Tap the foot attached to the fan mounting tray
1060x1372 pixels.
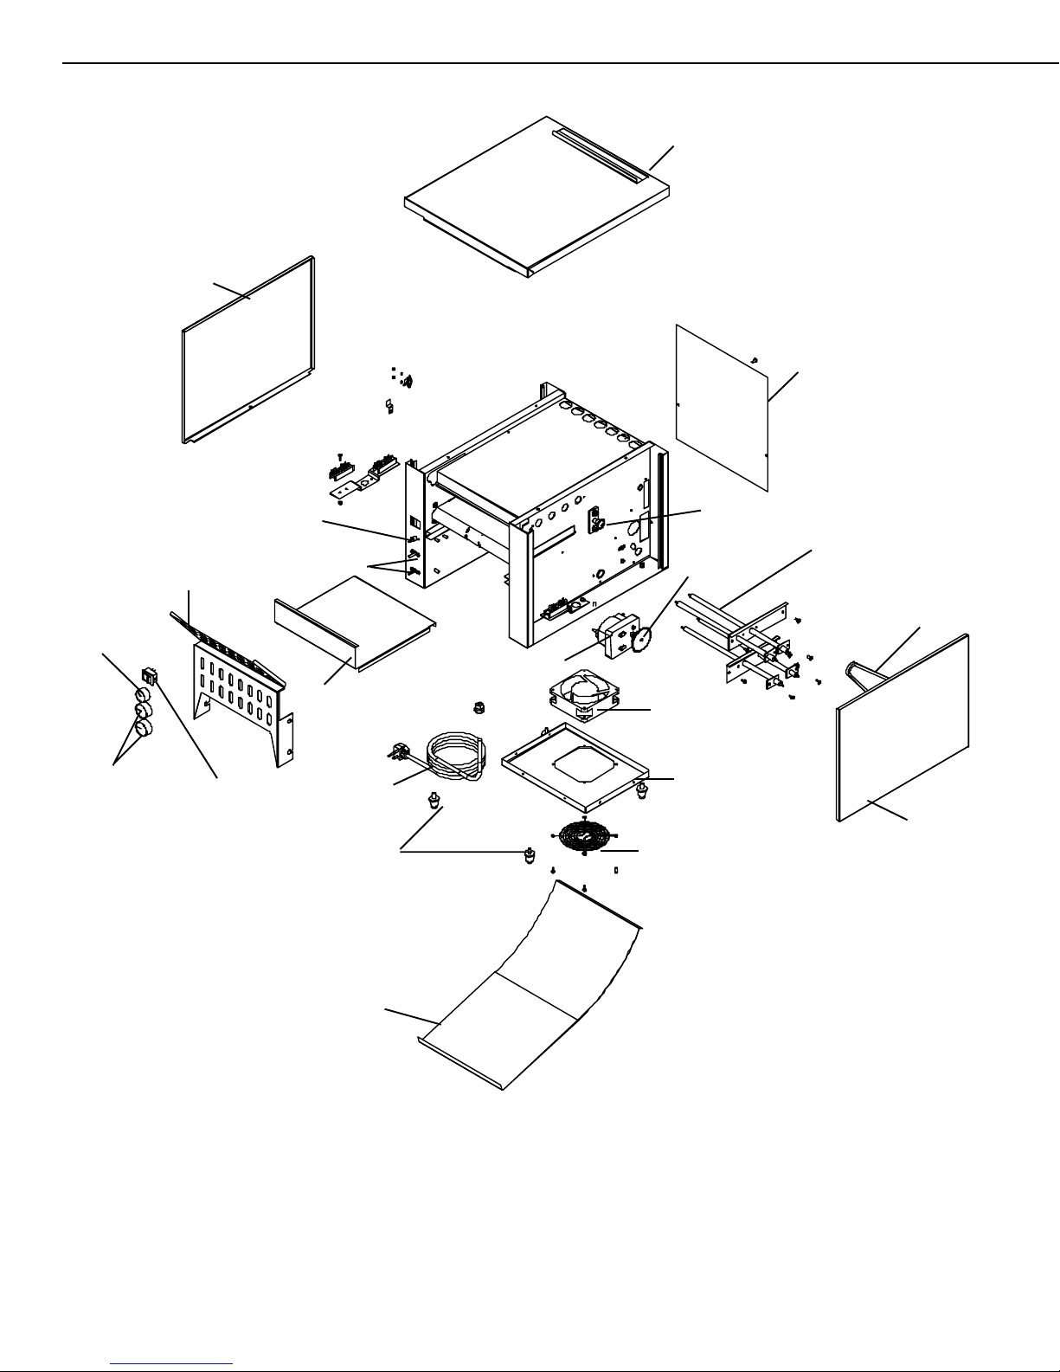click(x=641, y=789)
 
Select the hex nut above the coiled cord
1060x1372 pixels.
click(x=477, y=709)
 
